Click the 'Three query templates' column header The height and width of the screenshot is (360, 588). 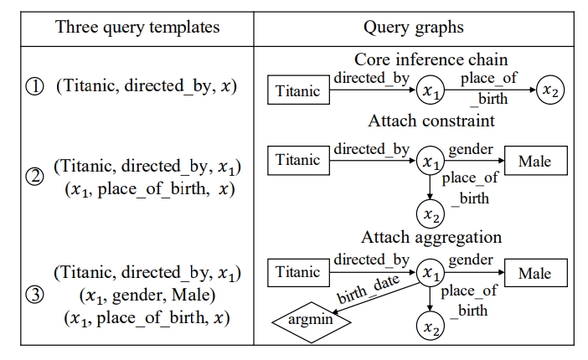(x=137, y=27)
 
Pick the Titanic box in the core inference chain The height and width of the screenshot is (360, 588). (x=297, y=90)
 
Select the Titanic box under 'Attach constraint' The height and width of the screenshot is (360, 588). (x=297, y=159)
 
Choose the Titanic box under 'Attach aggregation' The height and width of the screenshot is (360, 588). (x=297, y=272)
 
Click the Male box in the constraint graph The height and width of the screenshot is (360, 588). (x=535, y=159)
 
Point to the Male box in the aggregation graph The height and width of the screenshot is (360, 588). (x=535, y=273)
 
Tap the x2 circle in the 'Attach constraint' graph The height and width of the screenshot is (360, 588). (x=430, y=214)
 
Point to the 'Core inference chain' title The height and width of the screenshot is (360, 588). (x=431, y=59)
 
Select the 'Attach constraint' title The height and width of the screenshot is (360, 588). (x=431, y=121)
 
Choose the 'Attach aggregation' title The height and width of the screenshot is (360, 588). (x=431, y=237)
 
